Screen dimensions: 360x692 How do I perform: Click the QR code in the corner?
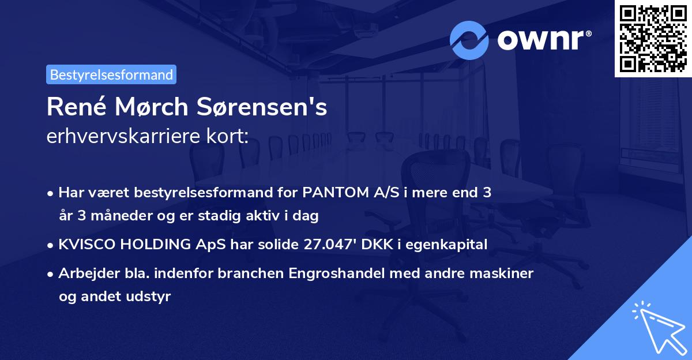(653, 39)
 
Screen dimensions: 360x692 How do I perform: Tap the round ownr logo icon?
(469, 40)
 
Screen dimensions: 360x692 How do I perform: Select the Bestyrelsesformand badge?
(111, 74)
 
